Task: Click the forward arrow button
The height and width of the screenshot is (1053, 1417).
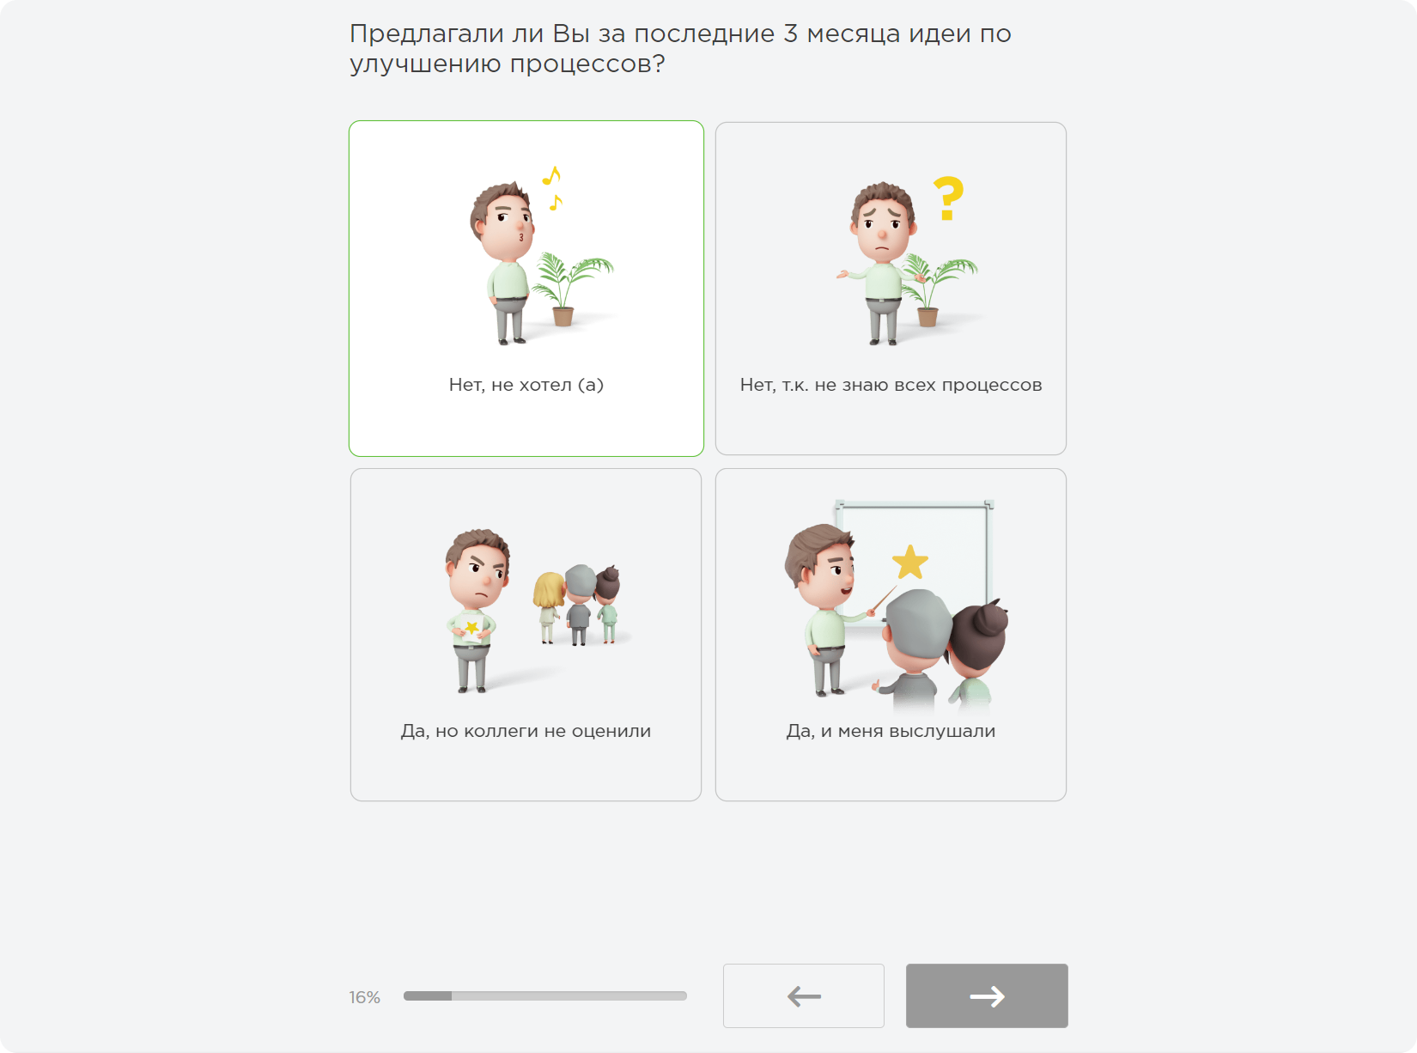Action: coord(987,995)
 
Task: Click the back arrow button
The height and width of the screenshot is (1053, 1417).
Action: coord(804,995)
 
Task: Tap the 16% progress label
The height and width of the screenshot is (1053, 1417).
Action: coord(365,997)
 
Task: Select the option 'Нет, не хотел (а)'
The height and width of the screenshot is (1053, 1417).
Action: coord(526,385)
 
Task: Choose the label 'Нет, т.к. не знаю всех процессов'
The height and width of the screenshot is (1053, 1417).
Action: coord(891,385)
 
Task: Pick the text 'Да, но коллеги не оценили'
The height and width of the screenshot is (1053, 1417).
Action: coord(526,731)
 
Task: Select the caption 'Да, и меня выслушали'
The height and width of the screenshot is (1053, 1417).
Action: coord(891,731)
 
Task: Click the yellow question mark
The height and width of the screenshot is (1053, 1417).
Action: coord(949,198)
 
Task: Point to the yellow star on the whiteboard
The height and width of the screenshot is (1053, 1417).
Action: coord(909,563)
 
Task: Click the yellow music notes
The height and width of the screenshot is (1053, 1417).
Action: coord(552,188)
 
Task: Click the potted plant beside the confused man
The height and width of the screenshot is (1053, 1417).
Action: coord(936,289)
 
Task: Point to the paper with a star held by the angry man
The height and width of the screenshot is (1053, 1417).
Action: coord(471,629)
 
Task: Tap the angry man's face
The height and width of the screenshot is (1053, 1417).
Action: coord(478,572)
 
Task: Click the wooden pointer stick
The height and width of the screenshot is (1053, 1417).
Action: coord(884,600)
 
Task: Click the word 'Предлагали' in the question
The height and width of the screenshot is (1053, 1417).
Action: coord(427,33)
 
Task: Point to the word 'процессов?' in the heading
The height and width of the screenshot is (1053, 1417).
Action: coord(587,64)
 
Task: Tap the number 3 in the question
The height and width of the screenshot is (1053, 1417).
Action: coord(790,33)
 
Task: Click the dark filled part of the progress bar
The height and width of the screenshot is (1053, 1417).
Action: coord(428,995)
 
